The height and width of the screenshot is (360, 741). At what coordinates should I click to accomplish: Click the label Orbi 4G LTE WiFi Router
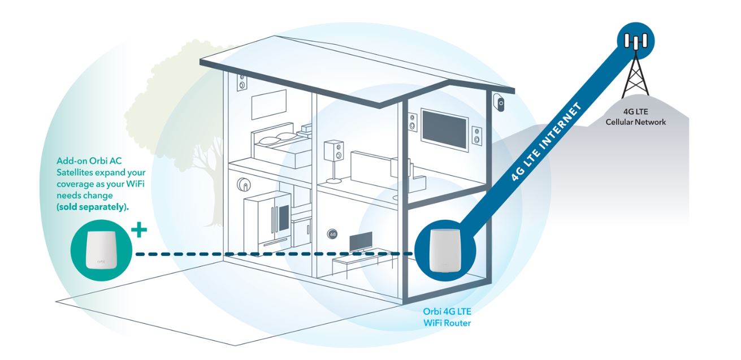tap(448, 316)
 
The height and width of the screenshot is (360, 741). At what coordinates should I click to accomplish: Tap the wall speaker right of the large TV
tap(478, 135)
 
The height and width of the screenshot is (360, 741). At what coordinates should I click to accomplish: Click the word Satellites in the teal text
tap(75, 172)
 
